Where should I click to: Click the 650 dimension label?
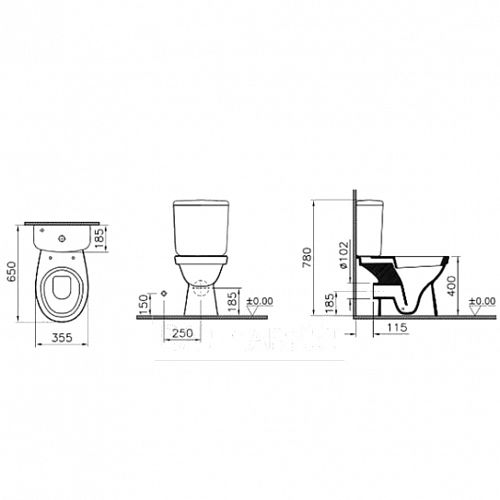click(12, 271)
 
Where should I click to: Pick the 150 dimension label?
click(144, 304)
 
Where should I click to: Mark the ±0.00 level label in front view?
click(262, 300)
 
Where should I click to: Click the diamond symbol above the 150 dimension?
click(162, 292)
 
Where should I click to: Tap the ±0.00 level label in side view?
click(481, 301)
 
